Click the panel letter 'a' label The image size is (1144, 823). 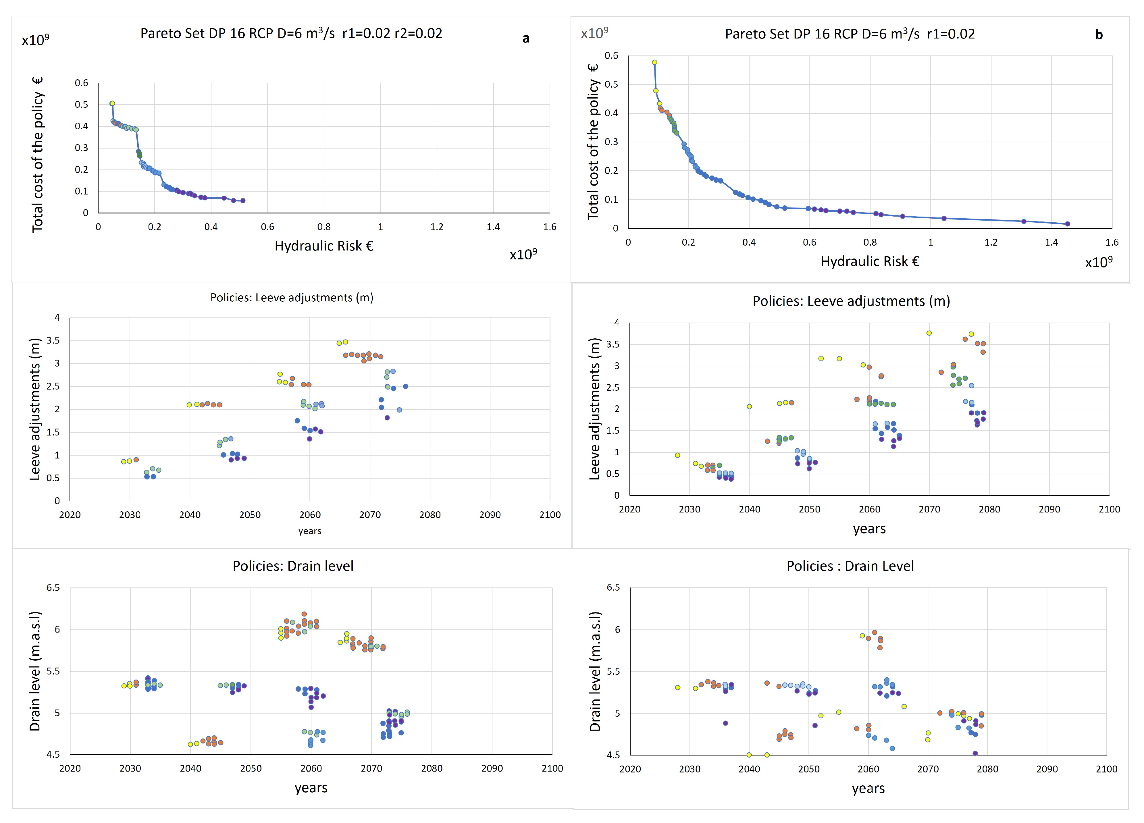point(525,39)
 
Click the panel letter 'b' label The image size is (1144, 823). point(1099,35)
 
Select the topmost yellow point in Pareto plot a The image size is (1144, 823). point(113,103)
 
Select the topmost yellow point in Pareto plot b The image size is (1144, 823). point(655,63)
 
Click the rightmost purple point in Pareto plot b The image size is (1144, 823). point(1067,224)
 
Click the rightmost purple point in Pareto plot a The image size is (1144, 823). point(243,201)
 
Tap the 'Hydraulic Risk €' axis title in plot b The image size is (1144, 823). point(870,261)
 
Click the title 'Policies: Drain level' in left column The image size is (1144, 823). point(293,566)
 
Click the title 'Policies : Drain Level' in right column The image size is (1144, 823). point(850,566)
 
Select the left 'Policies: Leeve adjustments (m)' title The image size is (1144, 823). point(292,298)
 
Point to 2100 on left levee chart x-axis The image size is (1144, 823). point(550,515)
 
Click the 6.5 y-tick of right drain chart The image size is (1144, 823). point(613,587)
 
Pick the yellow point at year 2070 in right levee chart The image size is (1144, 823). point(929,333)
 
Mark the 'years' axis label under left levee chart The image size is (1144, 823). point(310,531)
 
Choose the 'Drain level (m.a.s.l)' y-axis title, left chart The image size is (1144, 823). point(35,671)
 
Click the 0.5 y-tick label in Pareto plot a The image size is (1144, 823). point(81,104)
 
